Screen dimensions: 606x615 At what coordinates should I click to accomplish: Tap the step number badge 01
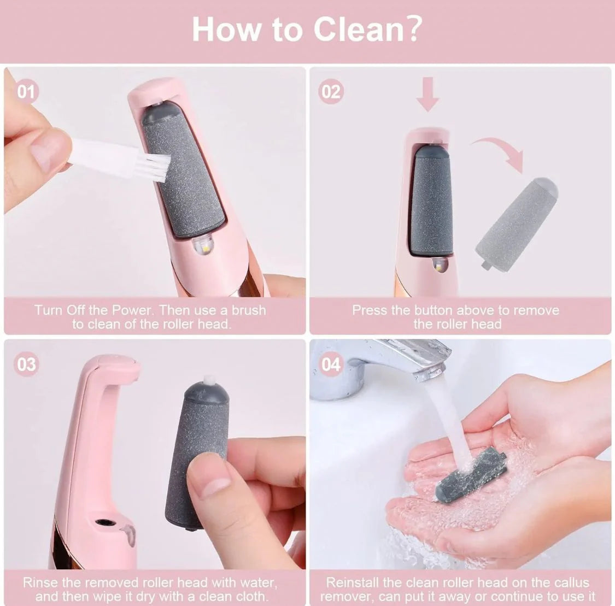click(x=26, y=91)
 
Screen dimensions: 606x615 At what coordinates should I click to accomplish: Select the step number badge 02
click(x=330, y=91)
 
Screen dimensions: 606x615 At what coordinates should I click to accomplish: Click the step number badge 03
click(x=26, y=364)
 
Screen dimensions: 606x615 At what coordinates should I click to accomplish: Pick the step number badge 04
click(x=330, y=364)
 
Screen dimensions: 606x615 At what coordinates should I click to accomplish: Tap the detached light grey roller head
click(x=516, y=221)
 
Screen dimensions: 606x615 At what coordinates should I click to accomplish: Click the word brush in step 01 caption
click(x=249, y=310)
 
